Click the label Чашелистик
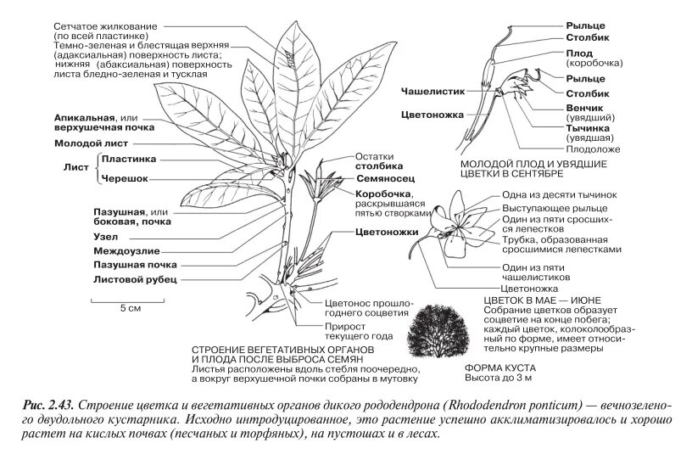click(x=429, y=87)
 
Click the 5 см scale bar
click(x=129, y=300)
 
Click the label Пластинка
click(x=127, y=158)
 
